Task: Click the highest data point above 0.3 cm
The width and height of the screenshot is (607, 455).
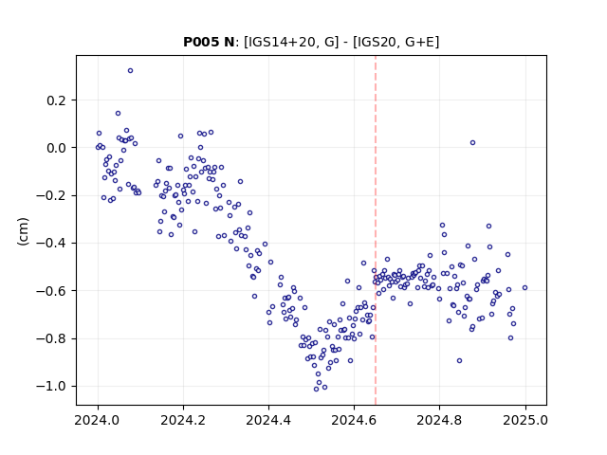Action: (x=131, y=71)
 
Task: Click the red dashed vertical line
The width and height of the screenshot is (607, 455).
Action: (x=376, y=230)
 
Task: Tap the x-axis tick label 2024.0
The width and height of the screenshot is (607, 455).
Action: (x=98, y=420)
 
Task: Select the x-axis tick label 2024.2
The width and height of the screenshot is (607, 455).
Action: (x=183, y=420)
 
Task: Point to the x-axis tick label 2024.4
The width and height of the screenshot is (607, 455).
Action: (x=268, y=420)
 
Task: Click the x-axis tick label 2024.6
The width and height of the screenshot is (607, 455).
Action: (x=354, y=420)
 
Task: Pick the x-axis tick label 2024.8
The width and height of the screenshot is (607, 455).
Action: (x=439, y=420)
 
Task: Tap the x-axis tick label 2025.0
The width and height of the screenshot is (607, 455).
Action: (x=525, y=420)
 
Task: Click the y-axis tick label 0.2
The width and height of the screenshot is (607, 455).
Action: (x=57, y=100)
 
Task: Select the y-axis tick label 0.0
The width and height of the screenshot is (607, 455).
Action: (x=57, y=148)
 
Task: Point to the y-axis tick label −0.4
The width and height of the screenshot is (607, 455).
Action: (x=51, y=244)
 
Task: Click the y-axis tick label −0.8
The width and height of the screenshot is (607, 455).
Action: (x=51, y=339)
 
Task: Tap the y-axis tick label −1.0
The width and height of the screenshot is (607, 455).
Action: (x=51, y=387)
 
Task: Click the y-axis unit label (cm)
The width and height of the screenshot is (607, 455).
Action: (x=23, y=231)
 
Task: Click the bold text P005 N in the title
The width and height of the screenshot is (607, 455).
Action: (x=209, y=42)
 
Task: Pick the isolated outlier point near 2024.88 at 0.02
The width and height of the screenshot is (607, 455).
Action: (x=472, y=143)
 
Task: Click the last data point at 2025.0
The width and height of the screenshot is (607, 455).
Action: (x=524, y=288)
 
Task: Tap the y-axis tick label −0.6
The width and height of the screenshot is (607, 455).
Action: (x=51, y=291)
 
